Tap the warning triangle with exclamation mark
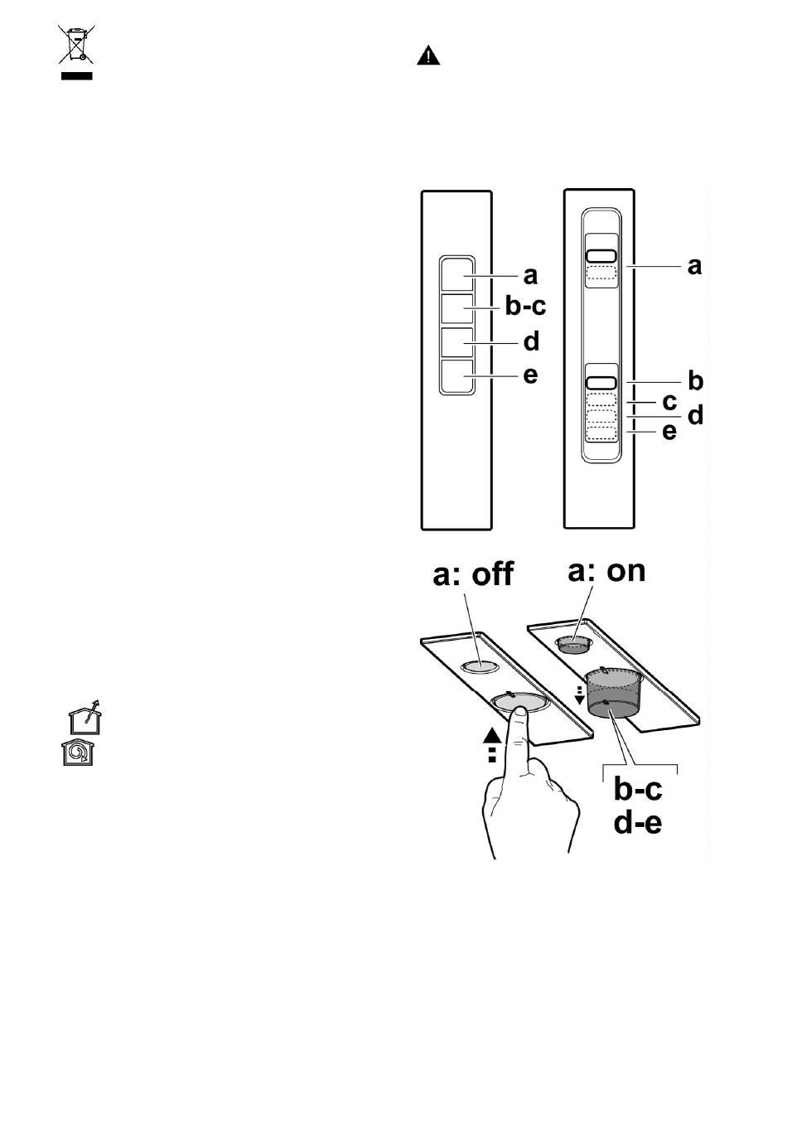[x=428, y=56]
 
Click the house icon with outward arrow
[x=85, y=716]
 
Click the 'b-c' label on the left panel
[x=525, y=306]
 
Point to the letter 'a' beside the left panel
[x=530, y=276]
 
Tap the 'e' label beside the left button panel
[x=530, y=375]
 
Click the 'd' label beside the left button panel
[x=531, y=341]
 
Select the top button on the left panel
[x=457, y=275]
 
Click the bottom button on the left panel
[x=457, y=375]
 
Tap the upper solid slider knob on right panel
[x=601, y=255]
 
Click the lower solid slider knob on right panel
[x=601, y=383]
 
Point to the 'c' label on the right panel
[x=670, y=401]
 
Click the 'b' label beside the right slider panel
[x=696, y=380]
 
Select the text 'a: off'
[x=472, y=574]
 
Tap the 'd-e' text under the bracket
[x=637, y=822]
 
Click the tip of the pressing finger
[x=519, y=709]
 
